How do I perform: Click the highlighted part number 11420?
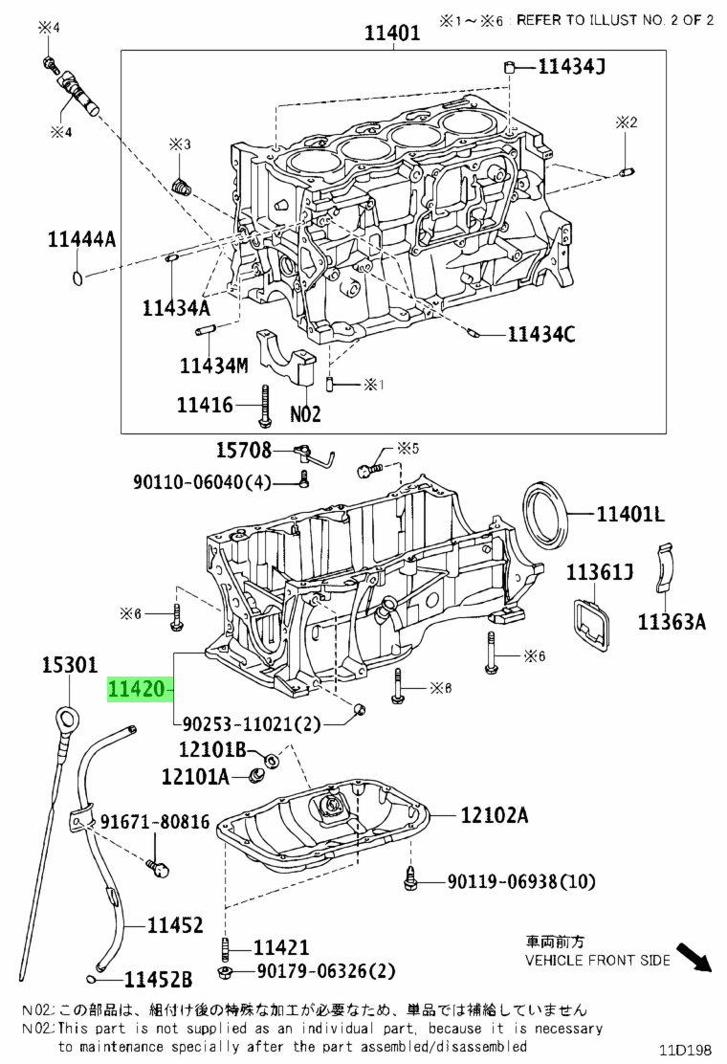[x=136, y=690]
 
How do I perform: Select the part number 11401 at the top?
[x=392, y=32]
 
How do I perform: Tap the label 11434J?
[x=572, y=66]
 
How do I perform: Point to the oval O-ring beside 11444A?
[x=78, y=277]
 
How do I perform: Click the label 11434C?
[x=541, y=334]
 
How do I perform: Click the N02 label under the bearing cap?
[x=305, y=414]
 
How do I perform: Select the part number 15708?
[x=244, y=449]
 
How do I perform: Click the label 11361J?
[x=600, y=572]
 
